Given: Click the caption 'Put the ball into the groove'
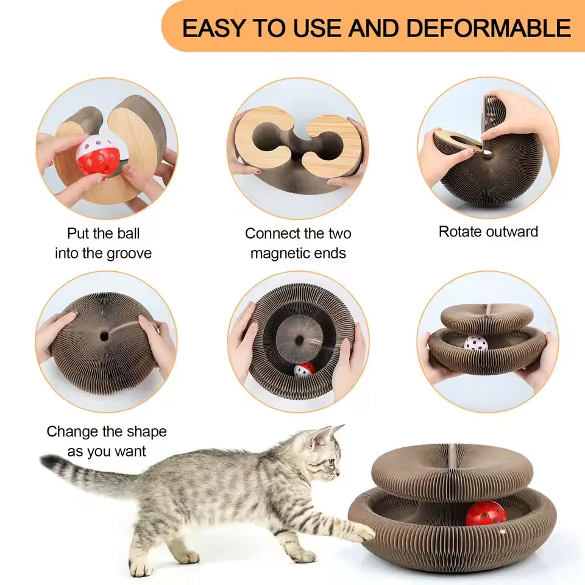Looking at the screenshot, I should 103,243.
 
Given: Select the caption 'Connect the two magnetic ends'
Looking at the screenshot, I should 298,243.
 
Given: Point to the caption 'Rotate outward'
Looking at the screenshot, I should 488,232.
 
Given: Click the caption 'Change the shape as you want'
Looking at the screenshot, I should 107,441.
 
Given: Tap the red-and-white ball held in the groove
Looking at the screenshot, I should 98,155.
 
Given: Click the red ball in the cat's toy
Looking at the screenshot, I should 486,513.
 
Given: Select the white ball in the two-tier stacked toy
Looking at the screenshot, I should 476,343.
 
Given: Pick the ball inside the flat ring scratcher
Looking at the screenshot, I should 304,369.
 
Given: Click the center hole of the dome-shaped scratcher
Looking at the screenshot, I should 104,336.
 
